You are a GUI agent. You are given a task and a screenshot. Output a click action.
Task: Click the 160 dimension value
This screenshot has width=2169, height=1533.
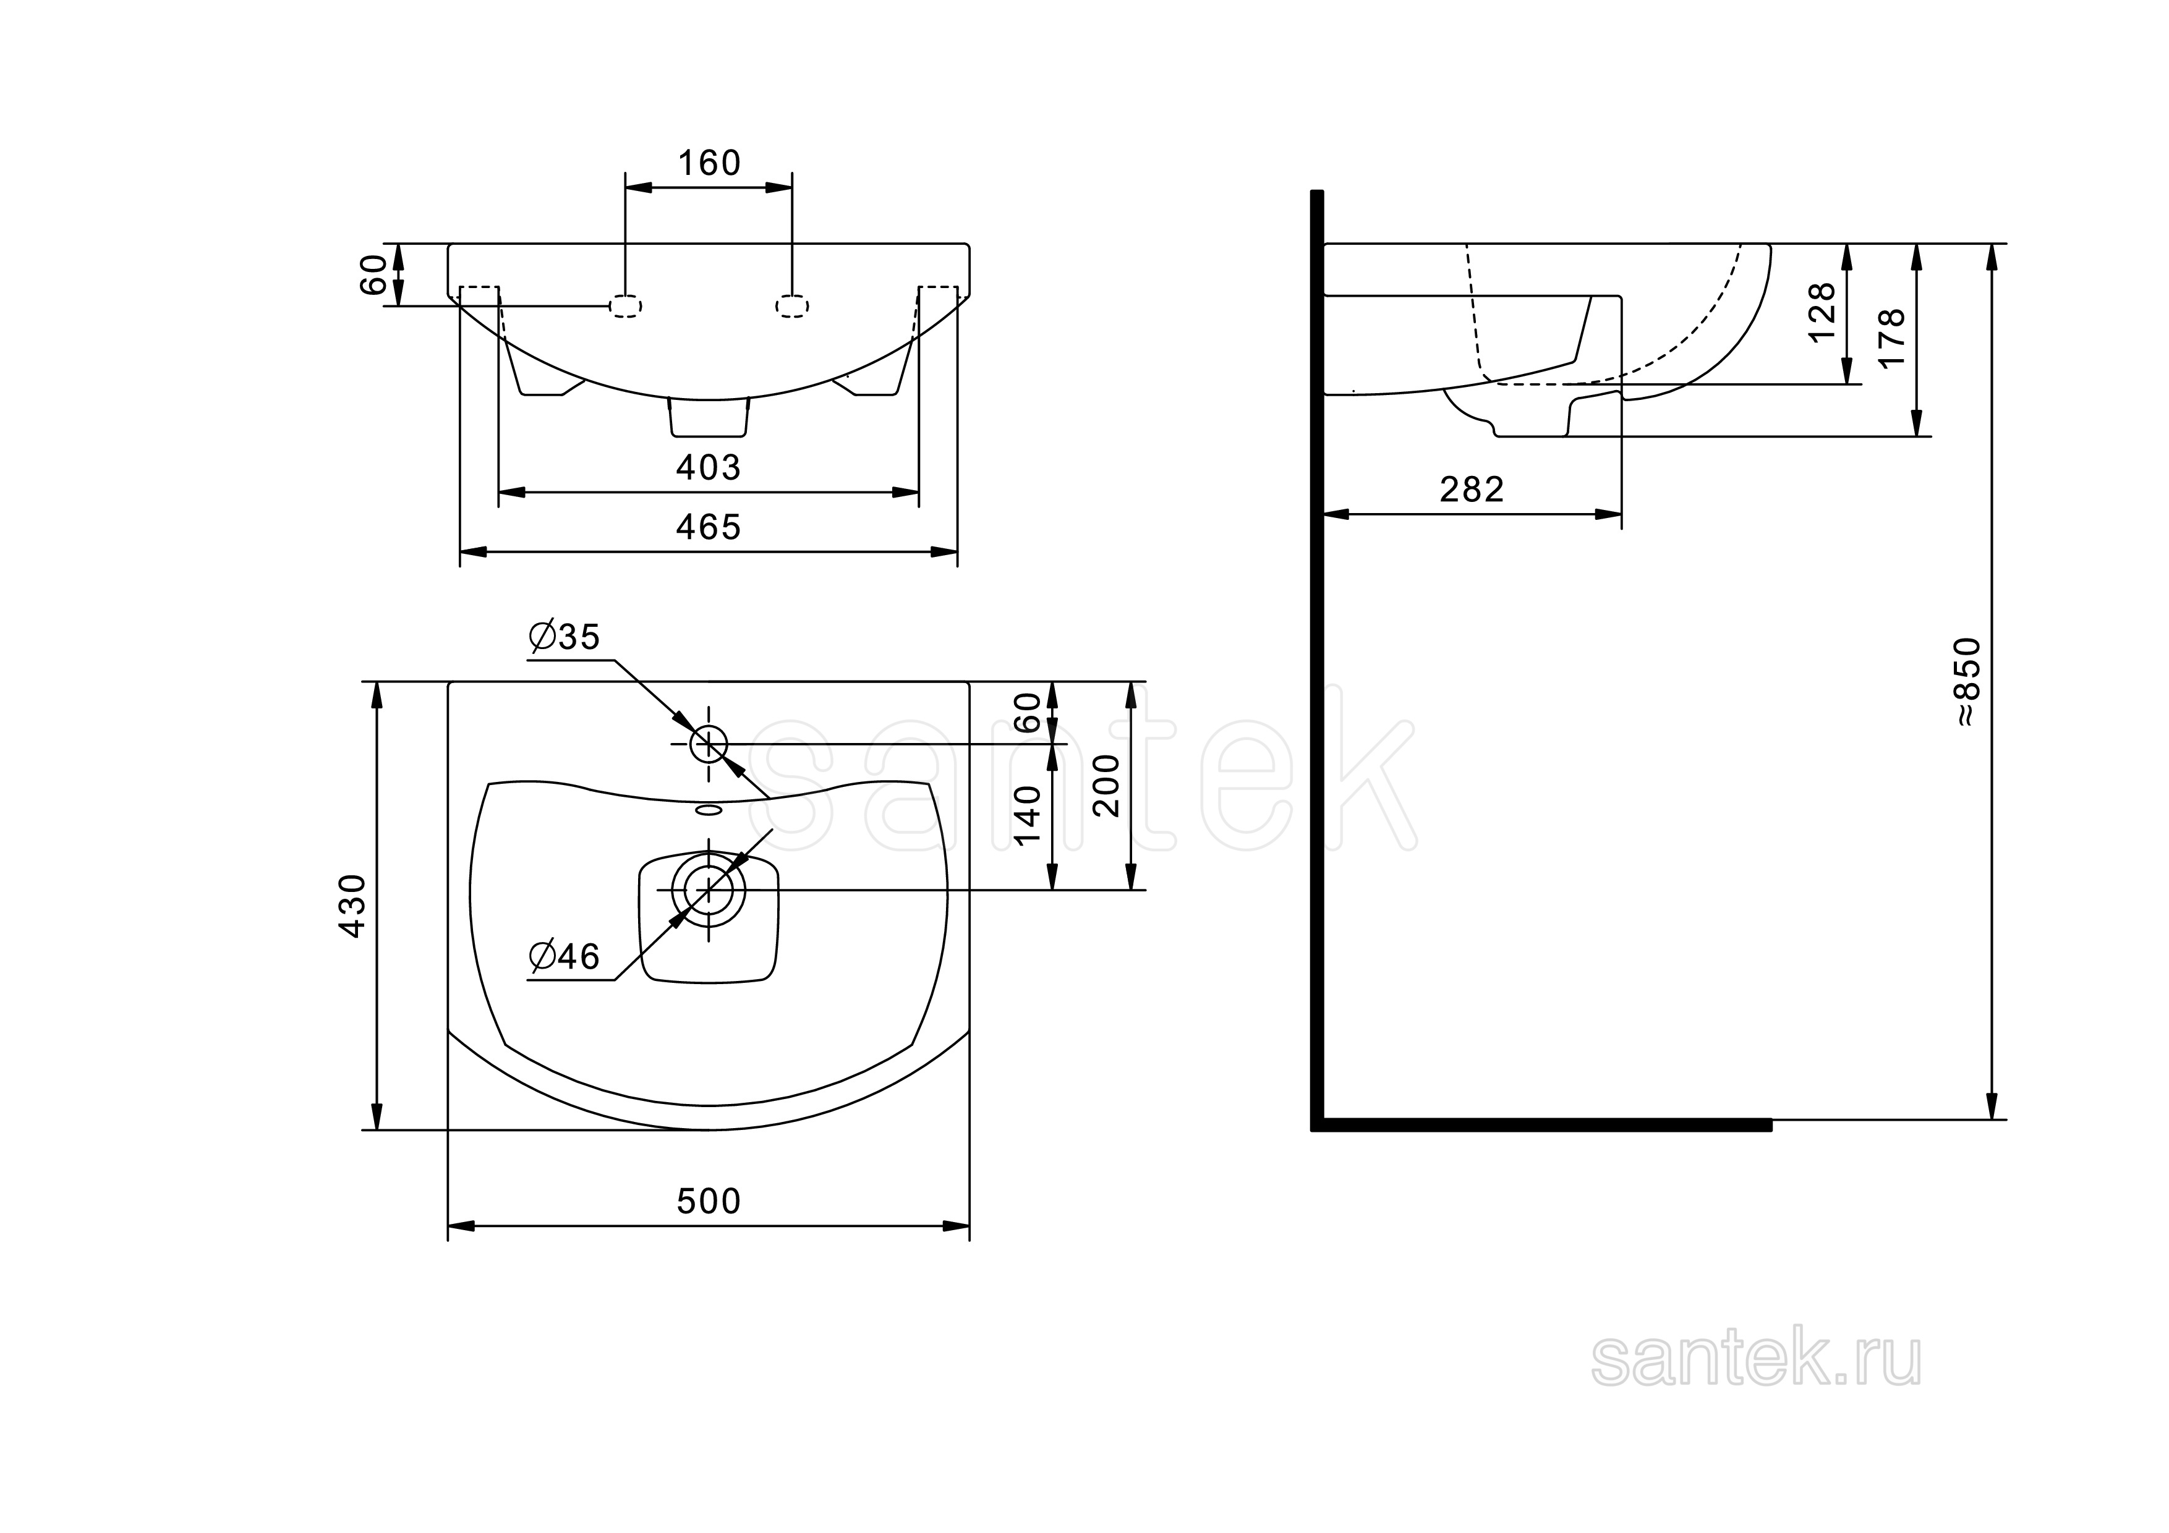click(x=709, y=163)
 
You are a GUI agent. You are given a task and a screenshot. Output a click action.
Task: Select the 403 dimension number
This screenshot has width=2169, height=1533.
click(x=709, y=467)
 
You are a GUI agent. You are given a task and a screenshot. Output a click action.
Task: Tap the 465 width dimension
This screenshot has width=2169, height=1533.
click(x=709, y=527)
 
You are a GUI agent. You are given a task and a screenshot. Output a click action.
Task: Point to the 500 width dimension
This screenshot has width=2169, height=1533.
click(x=709, y=1202)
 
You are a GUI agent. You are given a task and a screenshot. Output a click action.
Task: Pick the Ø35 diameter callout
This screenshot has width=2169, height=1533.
click(x=564, y=637)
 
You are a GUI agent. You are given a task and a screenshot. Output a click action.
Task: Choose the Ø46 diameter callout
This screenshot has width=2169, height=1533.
click(x=564, y=957)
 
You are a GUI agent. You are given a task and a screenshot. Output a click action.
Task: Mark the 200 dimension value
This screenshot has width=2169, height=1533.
click(x=1106, y=786)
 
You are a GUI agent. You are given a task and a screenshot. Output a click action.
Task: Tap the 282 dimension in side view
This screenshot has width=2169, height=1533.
click(x=1472, y=490)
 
